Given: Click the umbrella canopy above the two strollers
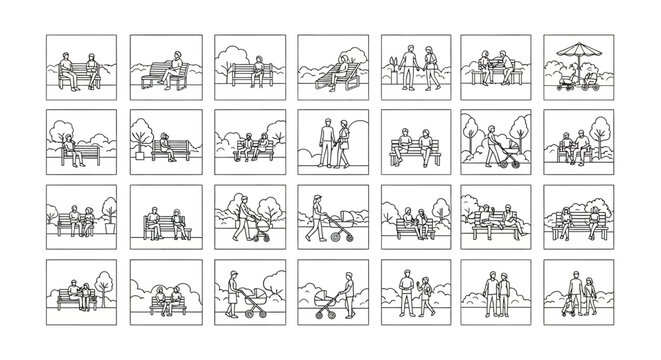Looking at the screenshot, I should point(579,49).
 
